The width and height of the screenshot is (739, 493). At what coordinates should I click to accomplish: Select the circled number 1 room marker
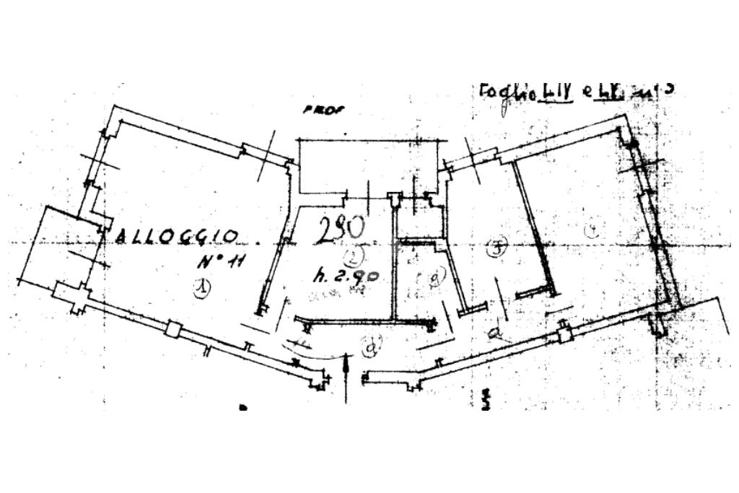tap(201, 288)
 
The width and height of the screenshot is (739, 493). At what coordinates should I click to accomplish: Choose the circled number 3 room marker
tap(496, 250)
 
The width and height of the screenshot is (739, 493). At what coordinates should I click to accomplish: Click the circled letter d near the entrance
tap(372, 348)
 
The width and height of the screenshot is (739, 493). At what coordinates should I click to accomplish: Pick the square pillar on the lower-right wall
tap(565, 334)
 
